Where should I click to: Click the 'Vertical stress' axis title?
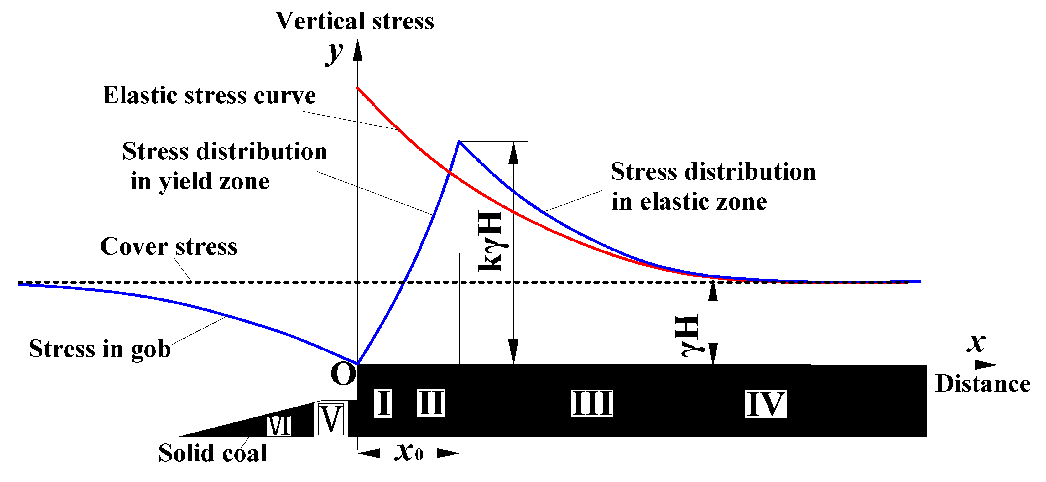click(355, 21)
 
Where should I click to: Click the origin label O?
click(343, 374)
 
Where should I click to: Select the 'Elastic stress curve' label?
click(209, 96)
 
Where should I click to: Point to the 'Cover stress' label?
click(169, 246)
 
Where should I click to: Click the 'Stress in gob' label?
click(100, 349)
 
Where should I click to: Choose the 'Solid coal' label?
click(212, 453)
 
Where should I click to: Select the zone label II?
click(430, 403)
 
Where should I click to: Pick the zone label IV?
click(765, 404)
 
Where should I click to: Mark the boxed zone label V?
click(331, 419)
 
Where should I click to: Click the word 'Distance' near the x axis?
click(983, 384)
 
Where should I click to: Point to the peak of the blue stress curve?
click(459, 141)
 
